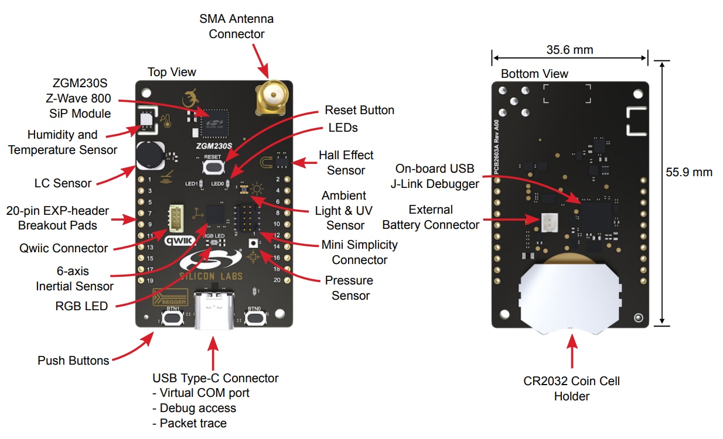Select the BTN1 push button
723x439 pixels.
(x=172, y=318)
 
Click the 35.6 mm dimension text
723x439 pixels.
(x=569, y=50)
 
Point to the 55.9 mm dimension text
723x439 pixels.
(x=689, y=172)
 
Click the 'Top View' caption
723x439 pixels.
(x=172, y=72)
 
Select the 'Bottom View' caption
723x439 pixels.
(x=534, y=74)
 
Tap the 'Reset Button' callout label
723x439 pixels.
(x=359, y=110)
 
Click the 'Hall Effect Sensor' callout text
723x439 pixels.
(x=346, y=163)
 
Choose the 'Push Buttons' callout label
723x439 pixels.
(x=73, y=361)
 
